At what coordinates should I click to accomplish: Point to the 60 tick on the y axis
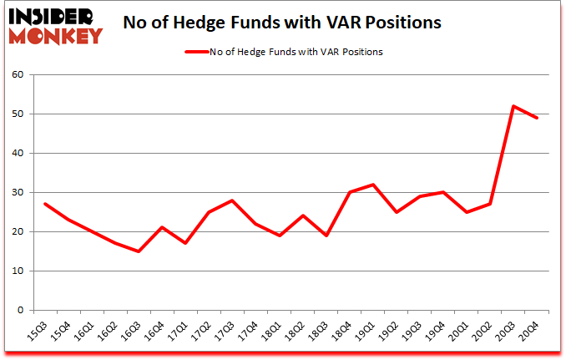tap(18, 74)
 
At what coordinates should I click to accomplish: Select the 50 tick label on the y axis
tap(18, 114)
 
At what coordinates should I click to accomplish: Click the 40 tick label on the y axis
tap(18, 153)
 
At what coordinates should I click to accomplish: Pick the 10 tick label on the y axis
tap(18, 271)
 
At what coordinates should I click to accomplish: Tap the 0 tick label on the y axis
tap(21, 310)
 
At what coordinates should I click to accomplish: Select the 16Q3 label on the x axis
tap(133, 332)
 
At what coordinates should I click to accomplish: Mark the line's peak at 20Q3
tap(513, 106)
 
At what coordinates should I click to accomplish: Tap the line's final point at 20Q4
tap(537, 118)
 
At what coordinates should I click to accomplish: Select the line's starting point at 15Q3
tap(44, 204)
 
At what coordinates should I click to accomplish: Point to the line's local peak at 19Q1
tap(372, 185)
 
